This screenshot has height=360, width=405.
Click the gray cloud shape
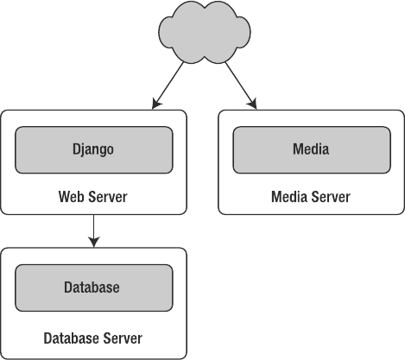[205, 32]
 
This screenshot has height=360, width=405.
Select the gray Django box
[94, 150]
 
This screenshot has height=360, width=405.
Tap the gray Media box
[312, 150]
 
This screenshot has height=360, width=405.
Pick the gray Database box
[94, 287]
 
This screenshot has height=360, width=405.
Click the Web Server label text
[92, 197]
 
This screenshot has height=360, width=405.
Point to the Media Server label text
[311, 197]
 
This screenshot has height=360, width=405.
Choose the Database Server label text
[92, 338]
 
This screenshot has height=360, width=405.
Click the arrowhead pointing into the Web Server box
[156, 104]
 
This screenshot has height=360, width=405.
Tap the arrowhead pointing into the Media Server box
[252, 104]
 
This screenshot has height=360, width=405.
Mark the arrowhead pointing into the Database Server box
[94, 242]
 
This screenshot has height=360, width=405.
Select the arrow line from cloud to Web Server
[168, 85]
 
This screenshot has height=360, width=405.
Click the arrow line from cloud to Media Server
[241, 85]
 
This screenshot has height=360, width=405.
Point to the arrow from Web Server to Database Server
[94, 231]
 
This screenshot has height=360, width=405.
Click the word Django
[93, 149]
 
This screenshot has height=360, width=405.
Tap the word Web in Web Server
[72, 197]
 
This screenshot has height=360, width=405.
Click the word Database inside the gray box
[92, 287]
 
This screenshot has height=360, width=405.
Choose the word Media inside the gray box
[311, 149]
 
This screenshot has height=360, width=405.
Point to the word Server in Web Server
[108, 197]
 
